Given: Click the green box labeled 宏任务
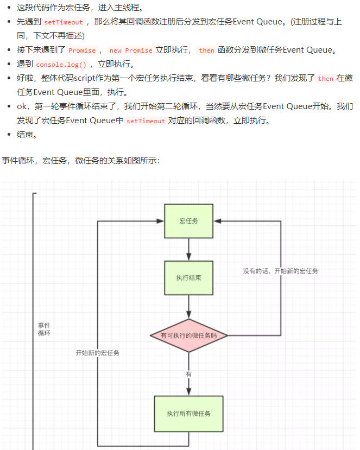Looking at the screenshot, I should click(x=188, y=221).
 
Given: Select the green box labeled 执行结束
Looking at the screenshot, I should click(x=188, y=278).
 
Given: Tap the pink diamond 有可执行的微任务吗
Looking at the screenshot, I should click(x=188, y=335).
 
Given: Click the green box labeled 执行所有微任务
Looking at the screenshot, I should click(x=188, y=414).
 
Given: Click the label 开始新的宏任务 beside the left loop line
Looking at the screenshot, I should click(x=97, y=353).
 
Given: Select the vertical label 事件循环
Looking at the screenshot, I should click(x=43, y=329).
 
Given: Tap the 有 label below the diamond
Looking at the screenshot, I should click(x=188, y=374).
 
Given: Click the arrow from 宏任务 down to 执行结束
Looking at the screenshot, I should click(x=188, y=249).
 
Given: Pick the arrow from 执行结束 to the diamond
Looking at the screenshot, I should click(x=188, y=307).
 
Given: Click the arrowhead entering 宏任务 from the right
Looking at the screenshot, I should click(x=217, y=221).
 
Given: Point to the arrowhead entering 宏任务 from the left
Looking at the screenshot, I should click(x=161, y=221).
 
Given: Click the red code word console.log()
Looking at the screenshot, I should click(x=61, y=64).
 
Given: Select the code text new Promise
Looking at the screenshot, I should click(x=131, y=50).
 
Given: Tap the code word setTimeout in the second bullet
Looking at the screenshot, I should click(x=64, y=22).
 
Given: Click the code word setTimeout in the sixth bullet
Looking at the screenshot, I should click(x=145, y=121).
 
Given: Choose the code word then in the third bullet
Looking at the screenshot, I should click(x=206, y=50).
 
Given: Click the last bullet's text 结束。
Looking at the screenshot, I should click(x=27, y=135).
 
